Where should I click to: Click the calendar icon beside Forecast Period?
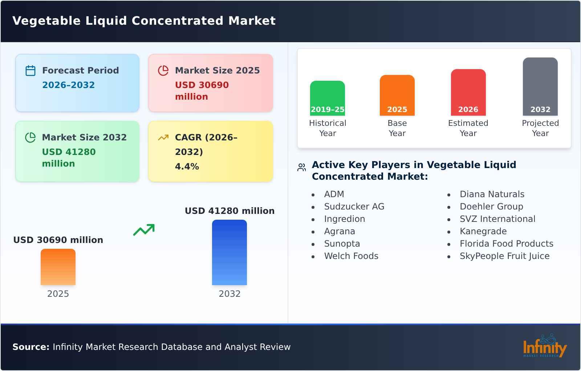pos(31,71)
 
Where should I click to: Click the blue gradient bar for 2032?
pos(229,252)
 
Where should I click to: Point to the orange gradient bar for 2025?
pos(58,267)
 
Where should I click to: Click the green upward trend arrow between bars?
pos(144,230)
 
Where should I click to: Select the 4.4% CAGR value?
pos(187,167)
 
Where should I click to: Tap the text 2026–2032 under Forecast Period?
pos(68,85)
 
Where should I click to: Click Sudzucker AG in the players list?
pos(354,207)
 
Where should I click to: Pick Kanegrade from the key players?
pos(483,231)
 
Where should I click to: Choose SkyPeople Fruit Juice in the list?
pos(504,256)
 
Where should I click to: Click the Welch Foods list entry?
pos(351,256)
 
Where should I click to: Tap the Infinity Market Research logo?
pos(544,347)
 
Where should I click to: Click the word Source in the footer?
pos(31,347)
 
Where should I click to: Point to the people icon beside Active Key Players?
pos(301,167)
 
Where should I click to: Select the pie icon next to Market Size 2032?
pos(31,137)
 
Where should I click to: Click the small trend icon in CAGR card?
pos(163,137)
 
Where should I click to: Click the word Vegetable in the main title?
pos(46,21)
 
